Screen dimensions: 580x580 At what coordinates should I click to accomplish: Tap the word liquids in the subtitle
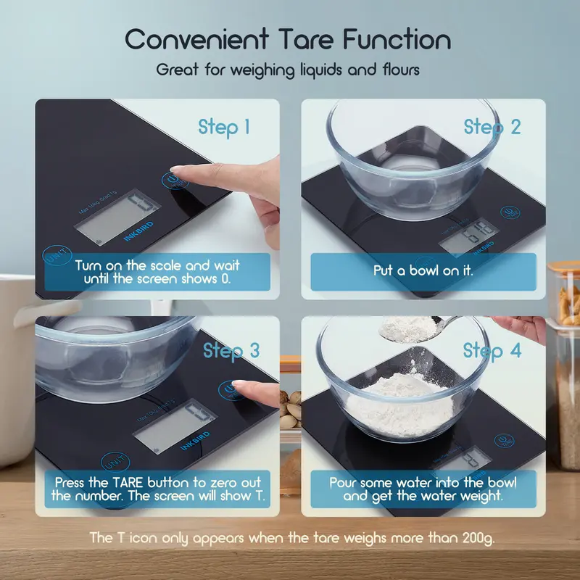coord(292,71)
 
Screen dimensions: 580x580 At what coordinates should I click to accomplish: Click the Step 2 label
coord(492,127)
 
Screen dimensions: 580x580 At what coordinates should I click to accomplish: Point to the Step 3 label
coord(231,351)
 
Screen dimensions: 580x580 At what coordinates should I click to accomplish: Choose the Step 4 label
coord(492,351)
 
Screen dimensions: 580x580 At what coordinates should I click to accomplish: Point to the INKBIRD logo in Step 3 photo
coord(191,437)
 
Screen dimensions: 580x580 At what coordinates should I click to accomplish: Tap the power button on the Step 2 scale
coord(510,213)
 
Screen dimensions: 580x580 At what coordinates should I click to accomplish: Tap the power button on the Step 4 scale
coord(502,442)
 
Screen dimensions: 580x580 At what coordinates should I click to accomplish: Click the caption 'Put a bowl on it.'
coord(423,271)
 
